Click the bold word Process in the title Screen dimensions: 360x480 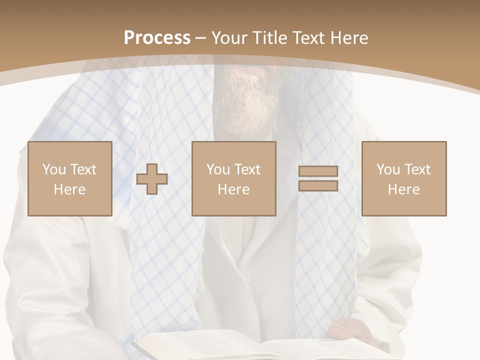coord(157,38)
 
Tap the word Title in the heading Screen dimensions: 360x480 coord(269,38)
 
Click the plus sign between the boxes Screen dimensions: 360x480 coord(152,179)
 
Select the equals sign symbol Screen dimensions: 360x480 coord(318,178)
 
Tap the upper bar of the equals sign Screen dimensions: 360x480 coord(318,171)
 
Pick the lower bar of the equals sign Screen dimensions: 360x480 coord(318,185)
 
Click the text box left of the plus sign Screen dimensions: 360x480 coord(69,178)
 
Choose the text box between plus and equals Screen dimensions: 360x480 coord(233,178)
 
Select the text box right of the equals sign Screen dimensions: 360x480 coord(403,178)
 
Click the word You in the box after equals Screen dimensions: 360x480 coord(387,169)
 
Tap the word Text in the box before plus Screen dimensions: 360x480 coord(83,169)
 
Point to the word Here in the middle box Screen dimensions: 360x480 coord(233,189)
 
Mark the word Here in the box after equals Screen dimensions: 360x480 coord(403,189)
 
